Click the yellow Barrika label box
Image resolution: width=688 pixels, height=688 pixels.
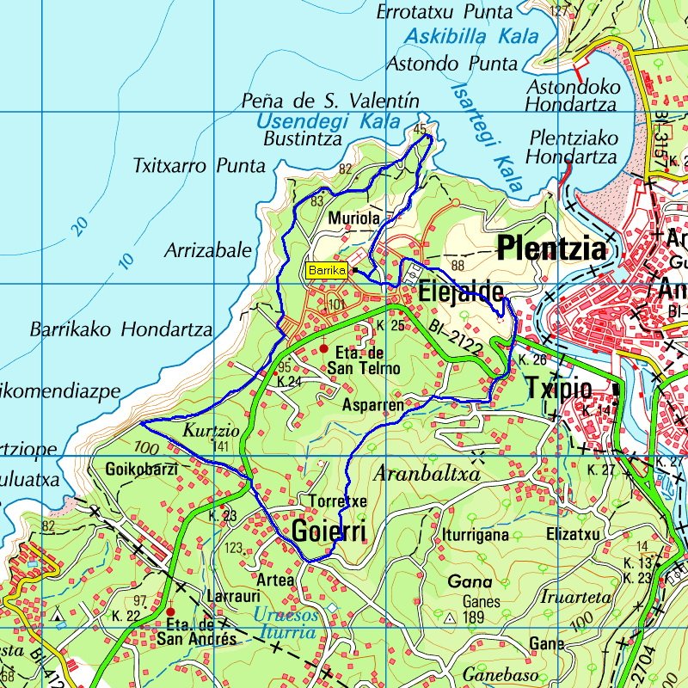coord(327,270)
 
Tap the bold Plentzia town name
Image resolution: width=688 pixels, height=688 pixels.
coord(552,249)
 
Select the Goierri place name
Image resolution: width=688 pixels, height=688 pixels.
coord(329,531)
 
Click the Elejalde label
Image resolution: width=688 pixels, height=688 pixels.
coord(460,293)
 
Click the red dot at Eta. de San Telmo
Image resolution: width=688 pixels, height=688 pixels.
coord(324,349)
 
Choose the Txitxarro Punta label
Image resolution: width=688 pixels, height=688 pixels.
coord(199,165)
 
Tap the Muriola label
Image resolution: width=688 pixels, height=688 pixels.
coord(353,219)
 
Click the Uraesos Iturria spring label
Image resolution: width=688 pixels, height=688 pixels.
coord(286,624)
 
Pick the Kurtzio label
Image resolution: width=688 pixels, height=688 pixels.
coord(205,429)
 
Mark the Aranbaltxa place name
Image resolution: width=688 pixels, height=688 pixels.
coord(427,474)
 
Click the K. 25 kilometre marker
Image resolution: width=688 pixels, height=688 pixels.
coord(390,325)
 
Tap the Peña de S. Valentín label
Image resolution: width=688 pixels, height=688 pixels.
coord(330,101)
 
